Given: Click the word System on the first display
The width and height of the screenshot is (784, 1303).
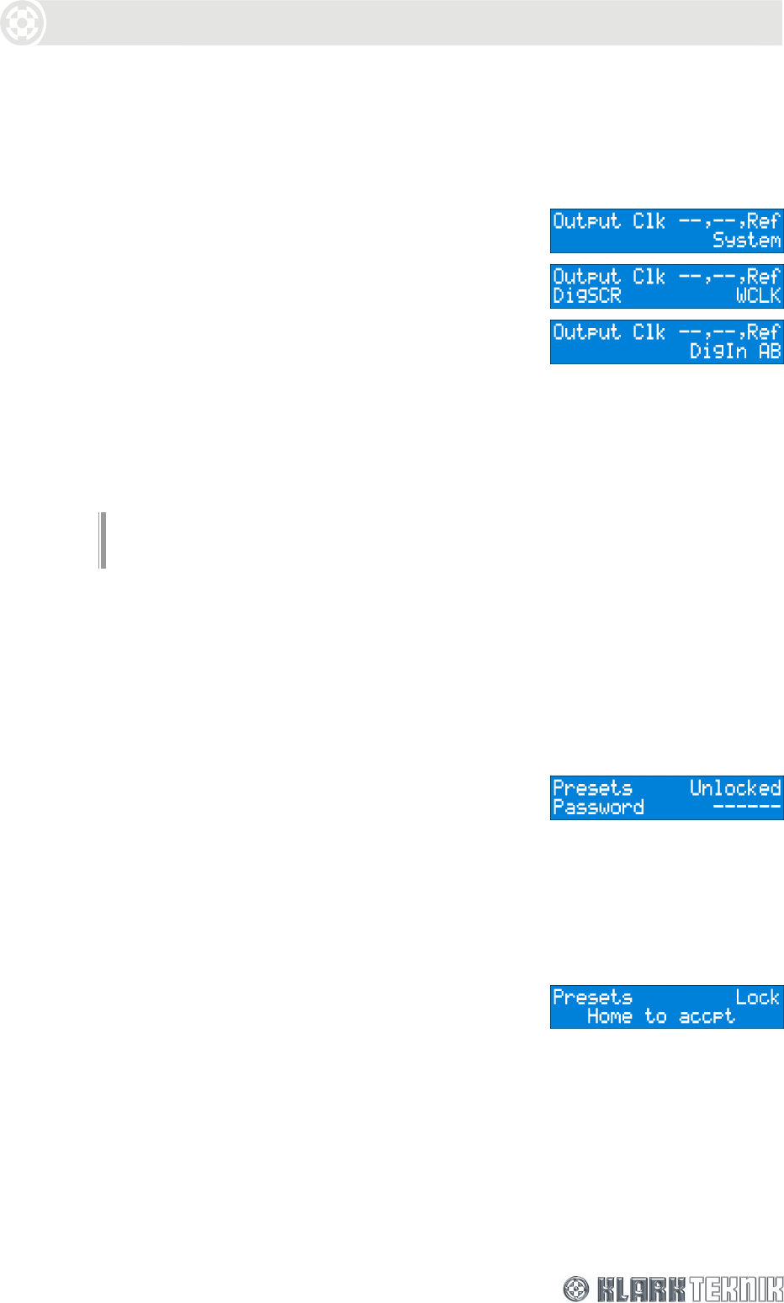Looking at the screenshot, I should point(746,241).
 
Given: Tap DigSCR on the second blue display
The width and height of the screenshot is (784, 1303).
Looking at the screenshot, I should point(586,295).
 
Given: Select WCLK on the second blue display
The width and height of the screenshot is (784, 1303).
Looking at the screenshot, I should point(758,295).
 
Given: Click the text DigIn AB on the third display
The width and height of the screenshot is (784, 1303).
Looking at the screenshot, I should point(735,351).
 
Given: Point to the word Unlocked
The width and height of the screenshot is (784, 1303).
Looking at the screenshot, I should point(735,788).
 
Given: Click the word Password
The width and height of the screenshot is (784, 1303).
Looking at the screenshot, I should point(598,808).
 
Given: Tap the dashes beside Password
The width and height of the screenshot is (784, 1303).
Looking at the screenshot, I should point(747,808).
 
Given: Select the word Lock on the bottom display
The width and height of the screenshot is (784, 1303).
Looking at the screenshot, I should point(757,998).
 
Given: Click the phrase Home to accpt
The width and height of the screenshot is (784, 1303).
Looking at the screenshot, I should point(660,1017).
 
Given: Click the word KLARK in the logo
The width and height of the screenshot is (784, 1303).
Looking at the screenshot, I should point(641,1289).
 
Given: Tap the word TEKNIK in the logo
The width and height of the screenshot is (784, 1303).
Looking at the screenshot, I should point(736,1289).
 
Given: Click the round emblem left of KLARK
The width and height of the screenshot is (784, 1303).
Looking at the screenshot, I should point(575,1289).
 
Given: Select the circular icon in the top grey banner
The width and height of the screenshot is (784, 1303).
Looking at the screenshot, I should point(22,23).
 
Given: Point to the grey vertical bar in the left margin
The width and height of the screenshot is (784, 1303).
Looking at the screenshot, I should point(103,540).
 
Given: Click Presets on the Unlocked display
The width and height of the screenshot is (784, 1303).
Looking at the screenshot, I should point(592,788).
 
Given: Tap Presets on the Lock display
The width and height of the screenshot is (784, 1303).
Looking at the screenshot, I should point(592,998).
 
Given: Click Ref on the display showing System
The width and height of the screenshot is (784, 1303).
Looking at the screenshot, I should point(764,221).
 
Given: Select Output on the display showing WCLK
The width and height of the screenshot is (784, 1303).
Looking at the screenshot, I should point(586,277).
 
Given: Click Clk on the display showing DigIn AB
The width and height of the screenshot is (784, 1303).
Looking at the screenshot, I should point(649,332).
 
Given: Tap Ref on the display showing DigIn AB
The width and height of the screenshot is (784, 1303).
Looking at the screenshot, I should point(764,332).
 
